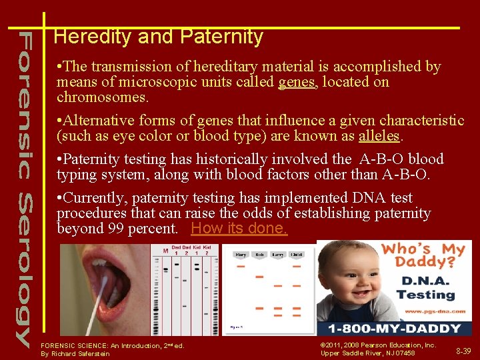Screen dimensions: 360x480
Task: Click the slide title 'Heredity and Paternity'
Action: pyautogui.click(x=158, y=37)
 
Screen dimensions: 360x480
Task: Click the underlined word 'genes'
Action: pyautogui.click(x=296, y=82)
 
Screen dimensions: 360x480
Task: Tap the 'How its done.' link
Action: pyautogui.click(x=239, y=229)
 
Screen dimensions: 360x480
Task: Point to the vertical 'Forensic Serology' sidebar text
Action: pyautogui.click(x=23, y=187)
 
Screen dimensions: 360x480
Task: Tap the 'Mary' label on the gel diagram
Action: pyautogui.click(x=241, y=255)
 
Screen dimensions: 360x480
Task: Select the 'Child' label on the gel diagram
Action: pyautogui.click(x=297, y=255)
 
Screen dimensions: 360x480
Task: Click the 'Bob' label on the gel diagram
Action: pyautogui.click(x=259, y=255)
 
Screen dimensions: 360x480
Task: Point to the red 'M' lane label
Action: pyautogui.click(x=165, y=251)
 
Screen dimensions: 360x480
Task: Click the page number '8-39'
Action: pyautogui.click(x=463, y=350)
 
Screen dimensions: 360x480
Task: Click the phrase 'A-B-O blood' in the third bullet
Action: pyautogui.click(x=401, y=159)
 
